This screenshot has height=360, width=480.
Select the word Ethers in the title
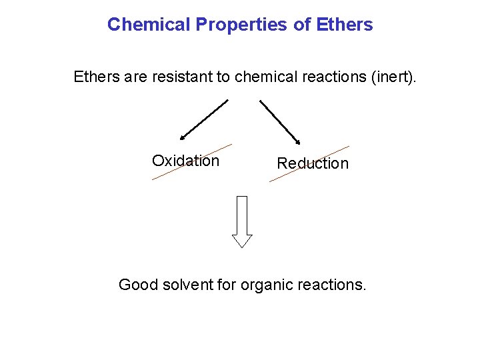coord(345,25)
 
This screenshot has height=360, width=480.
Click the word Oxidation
coord(185,161)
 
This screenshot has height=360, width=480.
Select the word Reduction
coord(313,163)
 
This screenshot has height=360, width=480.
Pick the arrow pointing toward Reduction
coord(281,121)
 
